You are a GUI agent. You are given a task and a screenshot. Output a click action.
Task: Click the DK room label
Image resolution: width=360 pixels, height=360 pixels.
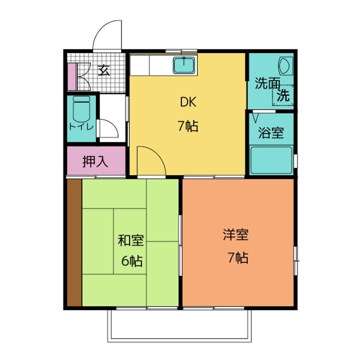[x=188, y=102]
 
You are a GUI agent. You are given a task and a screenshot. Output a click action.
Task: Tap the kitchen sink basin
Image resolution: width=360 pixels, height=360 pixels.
[x=184, y=64]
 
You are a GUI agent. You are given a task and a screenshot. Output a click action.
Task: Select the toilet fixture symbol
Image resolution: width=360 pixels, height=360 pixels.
[x=81, y=109]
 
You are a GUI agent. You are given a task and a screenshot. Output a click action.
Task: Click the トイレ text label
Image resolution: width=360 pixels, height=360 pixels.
[x=81, y=126]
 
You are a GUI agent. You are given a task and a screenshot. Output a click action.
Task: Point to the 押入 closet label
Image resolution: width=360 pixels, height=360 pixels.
[x=95, y=161]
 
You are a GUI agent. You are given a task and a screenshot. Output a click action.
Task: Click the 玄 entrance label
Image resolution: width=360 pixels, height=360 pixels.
[x=104, y=70]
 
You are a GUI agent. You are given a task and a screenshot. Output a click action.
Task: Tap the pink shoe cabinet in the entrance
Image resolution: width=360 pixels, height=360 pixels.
[x=72, y=76]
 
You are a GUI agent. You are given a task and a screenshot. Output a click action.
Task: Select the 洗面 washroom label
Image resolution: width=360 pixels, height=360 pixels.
[x=267, y=83]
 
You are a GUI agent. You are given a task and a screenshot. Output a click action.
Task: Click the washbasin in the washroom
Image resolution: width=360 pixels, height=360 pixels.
[x=286, y=65]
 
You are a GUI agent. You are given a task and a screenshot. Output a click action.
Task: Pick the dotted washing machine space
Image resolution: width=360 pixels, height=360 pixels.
[x=283, y=95]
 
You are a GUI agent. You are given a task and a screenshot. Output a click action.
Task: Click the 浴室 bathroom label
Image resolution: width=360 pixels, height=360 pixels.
[x=271, y=132]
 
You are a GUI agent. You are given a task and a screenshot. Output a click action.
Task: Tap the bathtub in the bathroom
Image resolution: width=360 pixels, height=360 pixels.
[x=271, y=160]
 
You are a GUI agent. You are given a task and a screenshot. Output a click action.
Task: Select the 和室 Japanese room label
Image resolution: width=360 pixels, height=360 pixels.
[x=131, y=240]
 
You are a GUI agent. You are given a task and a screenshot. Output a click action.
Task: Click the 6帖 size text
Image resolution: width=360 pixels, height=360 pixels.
[x=132, y=260]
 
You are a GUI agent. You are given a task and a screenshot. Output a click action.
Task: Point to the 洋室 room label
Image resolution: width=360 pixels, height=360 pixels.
[x=236, y=234]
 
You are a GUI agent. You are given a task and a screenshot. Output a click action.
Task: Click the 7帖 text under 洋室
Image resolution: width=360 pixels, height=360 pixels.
[x=238, y=257]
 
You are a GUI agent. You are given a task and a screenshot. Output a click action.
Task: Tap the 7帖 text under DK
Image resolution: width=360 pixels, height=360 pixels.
[x=188, y=126]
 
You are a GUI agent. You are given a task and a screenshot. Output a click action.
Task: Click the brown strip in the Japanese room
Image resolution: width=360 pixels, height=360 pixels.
[x=74, y=242]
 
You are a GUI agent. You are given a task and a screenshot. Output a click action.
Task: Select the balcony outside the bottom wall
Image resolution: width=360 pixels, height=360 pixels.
[x=179, y=326]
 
